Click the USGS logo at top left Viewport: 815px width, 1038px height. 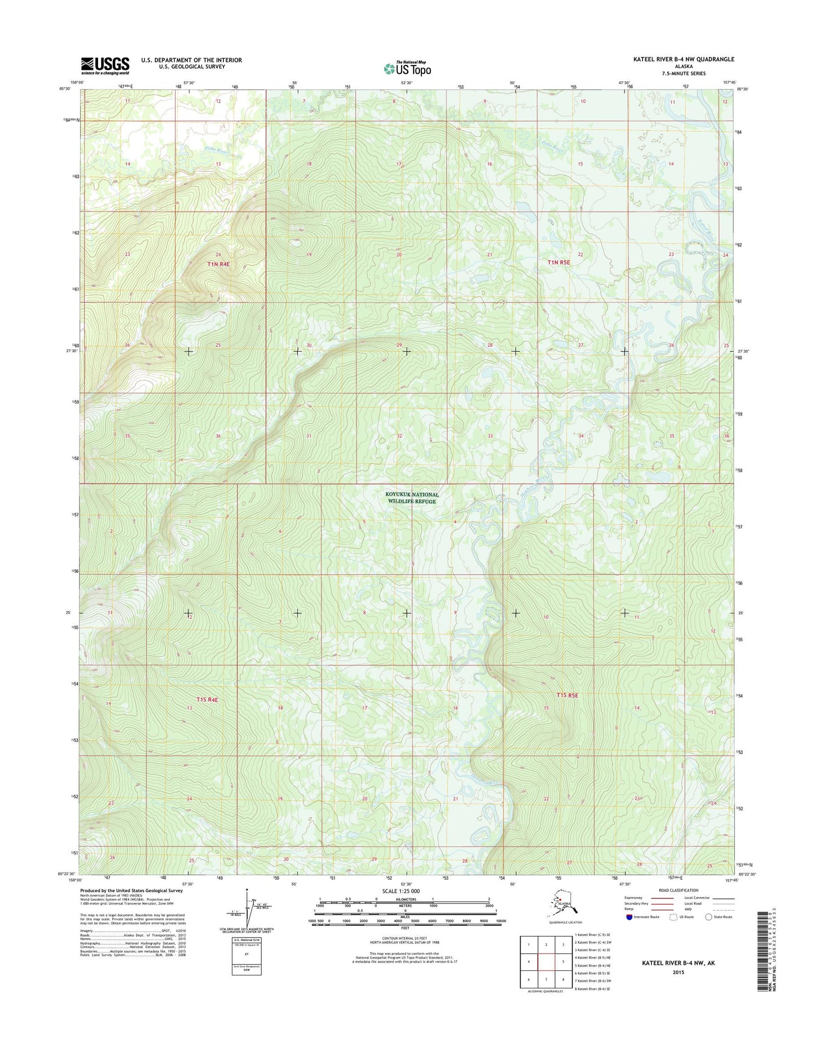tap(105, 65)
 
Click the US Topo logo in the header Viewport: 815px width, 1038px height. tap(407, 69)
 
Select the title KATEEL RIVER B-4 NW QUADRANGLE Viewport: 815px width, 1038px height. tap(684, 59)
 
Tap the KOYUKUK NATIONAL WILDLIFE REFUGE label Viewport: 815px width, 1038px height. tap(412, 498)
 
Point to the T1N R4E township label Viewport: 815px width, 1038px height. tap(218, 264)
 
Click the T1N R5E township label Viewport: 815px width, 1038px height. tap(558, 262)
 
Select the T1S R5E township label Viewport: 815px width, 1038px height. tap(567, 695)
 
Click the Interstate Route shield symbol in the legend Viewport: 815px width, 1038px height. tap(629, 917)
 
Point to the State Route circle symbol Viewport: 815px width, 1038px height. tap(708, 917)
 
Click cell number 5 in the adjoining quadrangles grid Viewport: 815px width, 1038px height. tap(563, 962)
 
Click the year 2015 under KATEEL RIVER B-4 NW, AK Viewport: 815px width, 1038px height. tap(678, 972)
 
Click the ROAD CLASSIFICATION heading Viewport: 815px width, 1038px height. tap(677, 890)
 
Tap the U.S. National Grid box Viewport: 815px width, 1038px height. tap(246, 956)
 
